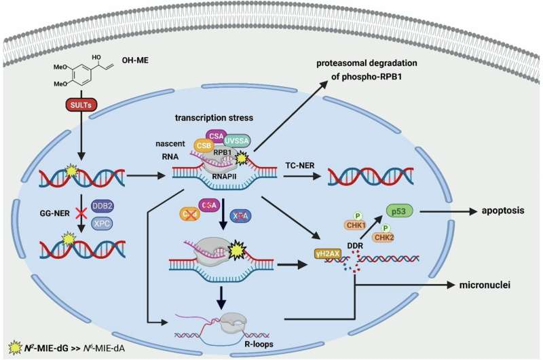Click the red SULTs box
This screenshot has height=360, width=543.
[81, 105]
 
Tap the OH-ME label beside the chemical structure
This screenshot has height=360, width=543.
[135, 60]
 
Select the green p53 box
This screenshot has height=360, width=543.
[399, 211]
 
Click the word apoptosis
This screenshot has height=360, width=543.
[503, 211]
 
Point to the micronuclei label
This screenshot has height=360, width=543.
[485, 285]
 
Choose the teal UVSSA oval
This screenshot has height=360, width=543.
[236, 141]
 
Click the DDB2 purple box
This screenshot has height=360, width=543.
[102, 206]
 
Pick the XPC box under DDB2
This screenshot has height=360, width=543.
[102, 223]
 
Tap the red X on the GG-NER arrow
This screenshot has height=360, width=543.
[81, 214]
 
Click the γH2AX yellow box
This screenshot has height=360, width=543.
[328, 254]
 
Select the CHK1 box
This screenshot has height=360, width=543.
[356, 226]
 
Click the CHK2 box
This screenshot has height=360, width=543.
[383, 237]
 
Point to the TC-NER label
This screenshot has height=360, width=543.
[300, 166]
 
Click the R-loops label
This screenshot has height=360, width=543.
[259, 344]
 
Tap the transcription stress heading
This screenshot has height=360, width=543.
[214, 118]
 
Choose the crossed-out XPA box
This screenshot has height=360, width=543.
[241, 216]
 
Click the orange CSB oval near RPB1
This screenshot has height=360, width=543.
[204, 145]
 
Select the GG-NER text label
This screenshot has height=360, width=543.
[55, 213]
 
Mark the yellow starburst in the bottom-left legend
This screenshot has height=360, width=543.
[14, 347]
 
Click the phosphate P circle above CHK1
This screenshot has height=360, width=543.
[358, 216]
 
